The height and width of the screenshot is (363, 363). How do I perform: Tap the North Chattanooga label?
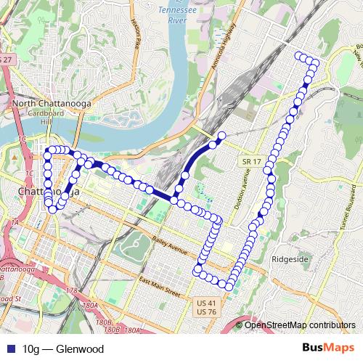point(50,104)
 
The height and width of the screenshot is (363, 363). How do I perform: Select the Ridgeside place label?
point(288,258)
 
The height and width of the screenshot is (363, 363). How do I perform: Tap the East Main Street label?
point(159,287)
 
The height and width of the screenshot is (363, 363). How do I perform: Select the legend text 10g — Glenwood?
point(63,349)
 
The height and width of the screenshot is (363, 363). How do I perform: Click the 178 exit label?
point(71,290)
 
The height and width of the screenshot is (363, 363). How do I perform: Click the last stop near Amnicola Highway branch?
point(222,136)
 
